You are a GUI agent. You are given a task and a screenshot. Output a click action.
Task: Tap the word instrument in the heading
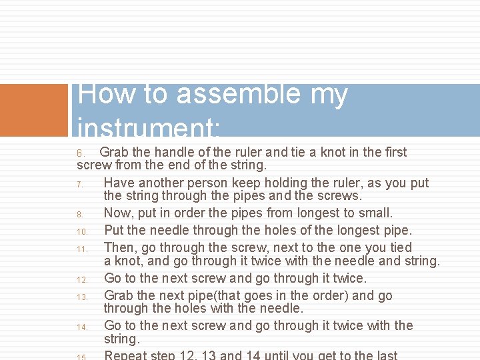tap(150, 125)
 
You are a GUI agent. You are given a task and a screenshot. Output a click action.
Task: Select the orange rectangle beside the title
tap(34, 110)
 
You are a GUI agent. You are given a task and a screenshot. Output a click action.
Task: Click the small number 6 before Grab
tap(79, 153)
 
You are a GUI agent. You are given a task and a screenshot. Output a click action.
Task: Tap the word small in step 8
tap(375, 213)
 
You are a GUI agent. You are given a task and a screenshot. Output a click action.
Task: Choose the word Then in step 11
tap(121, 248)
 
